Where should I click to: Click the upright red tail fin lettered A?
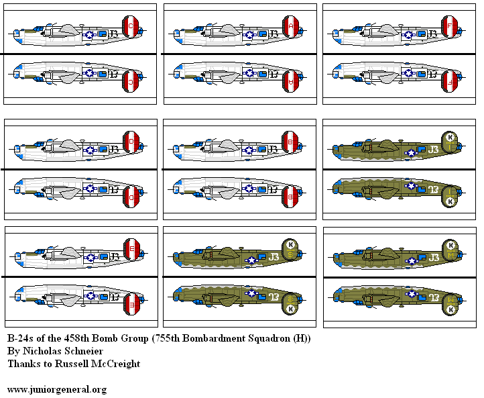tap(291, 26)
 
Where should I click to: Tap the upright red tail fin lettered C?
tap(132, 26)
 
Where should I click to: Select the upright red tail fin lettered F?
tap(450, 26)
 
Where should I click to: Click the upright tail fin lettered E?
tap(132, 250)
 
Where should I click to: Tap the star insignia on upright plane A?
tap(249, 34)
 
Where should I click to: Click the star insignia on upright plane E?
tap(90, 256)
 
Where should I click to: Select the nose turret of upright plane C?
tap(15, 32)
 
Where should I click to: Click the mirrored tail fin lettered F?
tap(450, 81)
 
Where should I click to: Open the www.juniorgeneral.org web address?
tap(56, 389)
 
